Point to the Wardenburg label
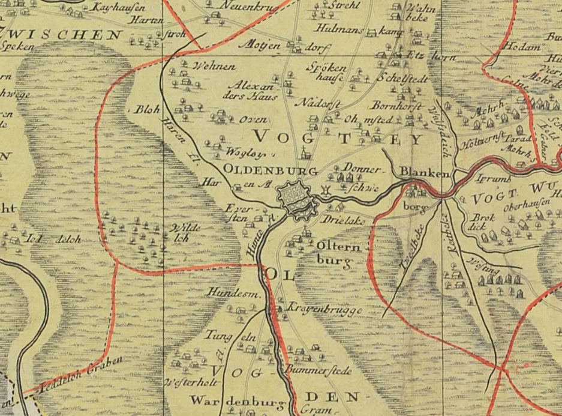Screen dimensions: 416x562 tap(230, 400)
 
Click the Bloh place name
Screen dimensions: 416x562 tap(148, 110)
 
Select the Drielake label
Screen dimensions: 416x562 tap(343, 222)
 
